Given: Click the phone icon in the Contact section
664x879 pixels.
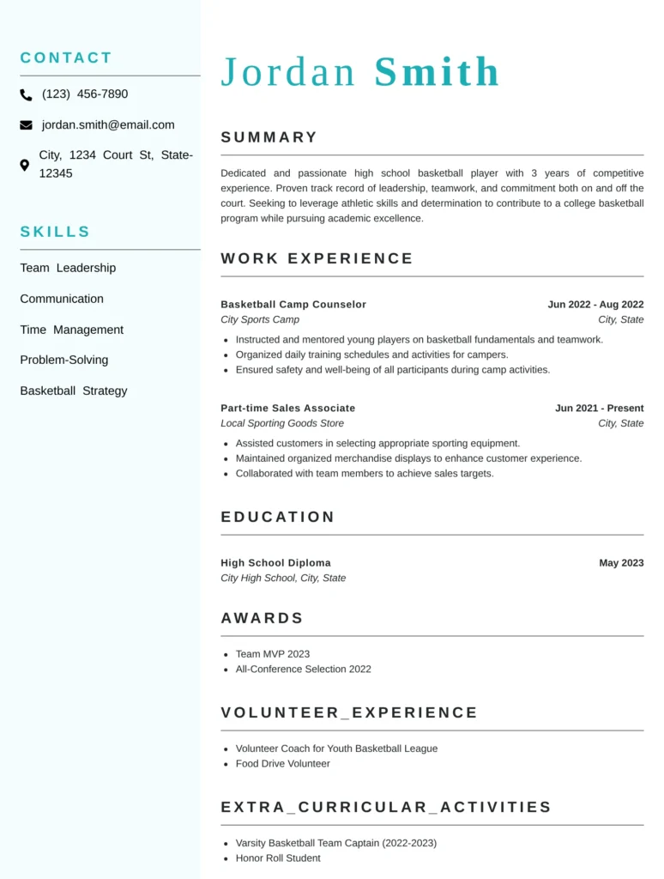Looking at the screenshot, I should pyautogui.click(x=27, y=95).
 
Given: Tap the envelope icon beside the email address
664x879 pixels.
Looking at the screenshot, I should pyautogui.click(x=26, y=125).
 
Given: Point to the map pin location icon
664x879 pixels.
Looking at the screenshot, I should pyautogui.click(x=25, y=165).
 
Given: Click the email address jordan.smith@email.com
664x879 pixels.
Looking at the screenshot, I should pyautogui.click(x=108, y=125).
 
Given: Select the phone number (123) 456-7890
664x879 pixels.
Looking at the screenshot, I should pyautogui.click(x=85, y=94).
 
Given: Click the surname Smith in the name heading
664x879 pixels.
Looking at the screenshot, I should pyautogui.click(x=437, y=72).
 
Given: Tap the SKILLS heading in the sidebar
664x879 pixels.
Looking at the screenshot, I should pyautogui.click(x=55, y=232).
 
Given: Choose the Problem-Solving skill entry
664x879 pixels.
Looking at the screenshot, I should pyautogui.click(x=64, y=360).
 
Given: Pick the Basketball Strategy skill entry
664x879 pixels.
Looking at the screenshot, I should pyautogui.click(x=74, y=391).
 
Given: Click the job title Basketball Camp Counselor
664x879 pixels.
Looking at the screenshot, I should pyautogui.click(x=293, y=305).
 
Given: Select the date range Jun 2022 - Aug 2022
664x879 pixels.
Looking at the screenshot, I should pyautogui.click(x=595, y=305).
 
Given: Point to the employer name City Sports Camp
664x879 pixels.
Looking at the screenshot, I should pyautogui.click(x=260, y=320).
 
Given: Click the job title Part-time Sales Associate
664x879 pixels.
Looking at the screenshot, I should pyautogui.click(x=287, y=409).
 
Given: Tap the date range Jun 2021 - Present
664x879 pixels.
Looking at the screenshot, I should pyautogui.click(x=599, y=409).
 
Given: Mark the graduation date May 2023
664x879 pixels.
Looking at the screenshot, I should pyautogui.click(x=621, y=563).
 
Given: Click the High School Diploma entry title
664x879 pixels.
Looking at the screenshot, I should pyautogui.click(x=275, y=563).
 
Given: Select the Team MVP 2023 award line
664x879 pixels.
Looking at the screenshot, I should pyautogui.click(x=273, y=654).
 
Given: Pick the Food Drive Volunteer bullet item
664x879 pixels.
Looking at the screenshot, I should pyautogui.click(x=283, y=764).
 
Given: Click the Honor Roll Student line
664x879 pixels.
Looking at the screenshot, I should pyautogui.click(x=278, y=858).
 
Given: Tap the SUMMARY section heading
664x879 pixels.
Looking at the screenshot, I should pyautogui.click(x=269, y=137).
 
